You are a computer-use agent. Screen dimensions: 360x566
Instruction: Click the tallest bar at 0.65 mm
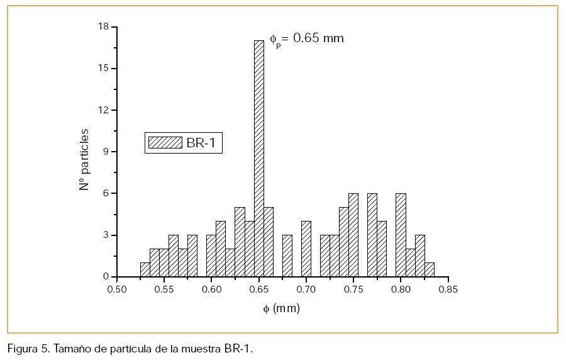tap(258, 157)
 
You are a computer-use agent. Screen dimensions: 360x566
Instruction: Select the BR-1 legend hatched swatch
tap(165, 143)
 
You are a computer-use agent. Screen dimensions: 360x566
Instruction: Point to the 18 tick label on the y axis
tap(103, 27)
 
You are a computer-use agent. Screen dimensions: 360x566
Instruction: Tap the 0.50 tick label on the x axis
tap(117, 290)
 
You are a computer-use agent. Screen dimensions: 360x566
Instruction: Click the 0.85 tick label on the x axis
tap(448, 290)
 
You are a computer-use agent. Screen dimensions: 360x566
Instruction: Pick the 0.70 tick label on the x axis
tap(306, 290)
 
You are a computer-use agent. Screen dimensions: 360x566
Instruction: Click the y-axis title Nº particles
tap(84, 159)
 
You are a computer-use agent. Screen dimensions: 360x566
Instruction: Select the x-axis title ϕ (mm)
tap(281, 308)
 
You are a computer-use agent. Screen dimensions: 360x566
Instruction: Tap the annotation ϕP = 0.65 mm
tap(307, 38)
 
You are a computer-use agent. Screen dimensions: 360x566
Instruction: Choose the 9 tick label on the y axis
tap(106, 152)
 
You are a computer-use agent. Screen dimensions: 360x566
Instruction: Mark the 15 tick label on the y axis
tap(103, 69)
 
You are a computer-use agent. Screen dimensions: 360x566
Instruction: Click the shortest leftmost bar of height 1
tap(145, 269)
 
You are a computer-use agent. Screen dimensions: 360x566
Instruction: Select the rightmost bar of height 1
tap(430, 269)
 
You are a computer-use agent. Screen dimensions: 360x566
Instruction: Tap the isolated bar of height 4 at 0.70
tap(306, 249)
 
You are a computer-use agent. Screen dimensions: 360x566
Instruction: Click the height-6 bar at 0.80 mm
tap(401, 235)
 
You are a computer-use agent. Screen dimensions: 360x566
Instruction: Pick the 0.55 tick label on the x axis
tap(164, 290)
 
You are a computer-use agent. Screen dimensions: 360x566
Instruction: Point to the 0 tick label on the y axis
tap(106, 277)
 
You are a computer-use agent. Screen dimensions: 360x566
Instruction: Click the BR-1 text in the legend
tap(201, 143)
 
